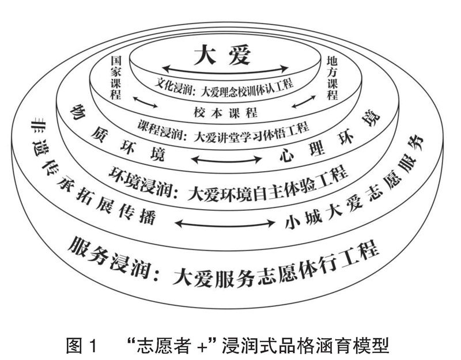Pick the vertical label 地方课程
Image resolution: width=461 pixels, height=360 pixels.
pos(332,77)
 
